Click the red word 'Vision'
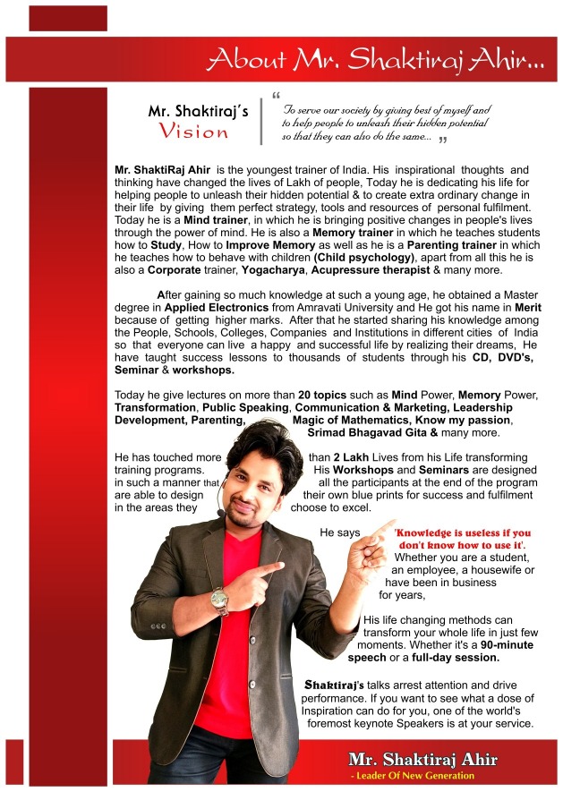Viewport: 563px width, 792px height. coord(195,132)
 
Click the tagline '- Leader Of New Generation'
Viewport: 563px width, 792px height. coord(413,775)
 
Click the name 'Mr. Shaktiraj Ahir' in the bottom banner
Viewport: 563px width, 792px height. coord(422,760)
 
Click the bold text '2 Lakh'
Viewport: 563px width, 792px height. coord(333,457)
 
